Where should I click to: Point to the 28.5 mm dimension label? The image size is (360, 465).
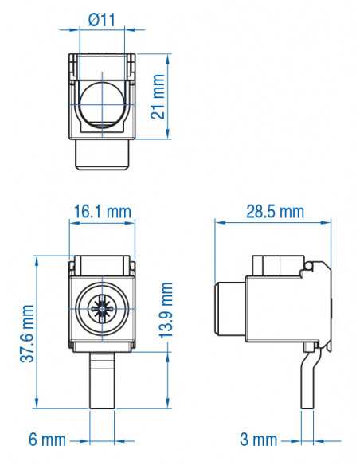(x=275, y=212)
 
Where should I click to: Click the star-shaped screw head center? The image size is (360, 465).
(x=102, y=307)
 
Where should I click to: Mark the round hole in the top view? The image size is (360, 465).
(x=102, y=103)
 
